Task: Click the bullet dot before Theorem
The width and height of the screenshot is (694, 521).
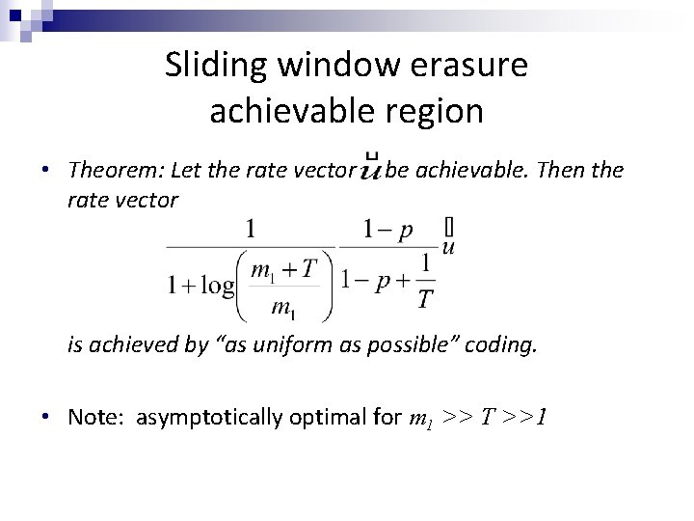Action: tap(45, 171)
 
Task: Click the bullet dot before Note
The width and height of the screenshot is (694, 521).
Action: tap(45, 417)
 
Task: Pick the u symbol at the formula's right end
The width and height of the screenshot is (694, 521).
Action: tap(447, 247)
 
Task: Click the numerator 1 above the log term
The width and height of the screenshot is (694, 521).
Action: tap(251, 228)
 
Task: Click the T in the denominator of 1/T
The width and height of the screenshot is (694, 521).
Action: tap(425, 300)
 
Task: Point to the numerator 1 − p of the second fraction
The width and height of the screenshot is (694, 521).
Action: tap(388, 229)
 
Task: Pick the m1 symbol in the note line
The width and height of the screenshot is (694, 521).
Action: tap(424, 419)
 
